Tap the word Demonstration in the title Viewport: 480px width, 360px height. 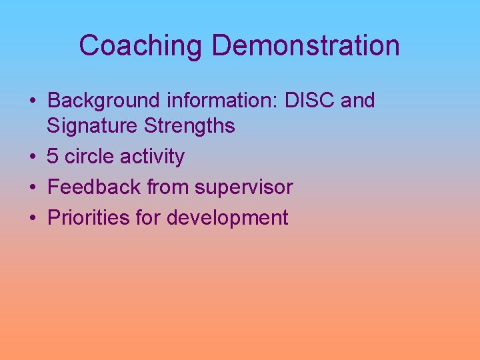(x=306, y=46)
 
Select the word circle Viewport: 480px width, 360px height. (x=89, y=157)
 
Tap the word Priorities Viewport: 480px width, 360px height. (x=88, y=218)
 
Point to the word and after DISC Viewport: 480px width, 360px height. (x=358, y=101)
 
